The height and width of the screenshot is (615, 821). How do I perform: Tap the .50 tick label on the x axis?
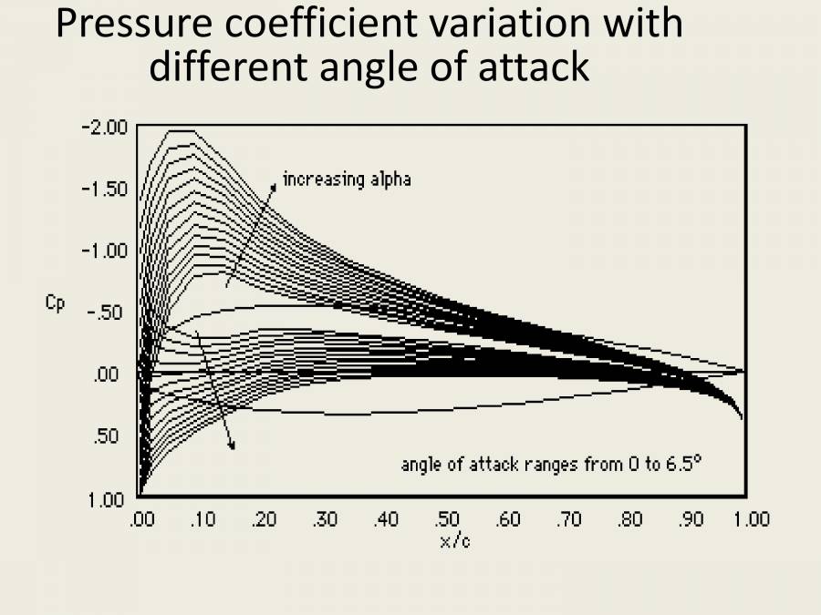(x=447, y=520)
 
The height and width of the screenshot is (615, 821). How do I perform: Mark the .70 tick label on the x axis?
(x=569, y=520)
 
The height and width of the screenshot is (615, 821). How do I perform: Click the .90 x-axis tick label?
(x=691, y=520)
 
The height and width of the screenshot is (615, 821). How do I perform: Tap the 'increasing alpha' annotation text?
(x=347, y=179)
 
